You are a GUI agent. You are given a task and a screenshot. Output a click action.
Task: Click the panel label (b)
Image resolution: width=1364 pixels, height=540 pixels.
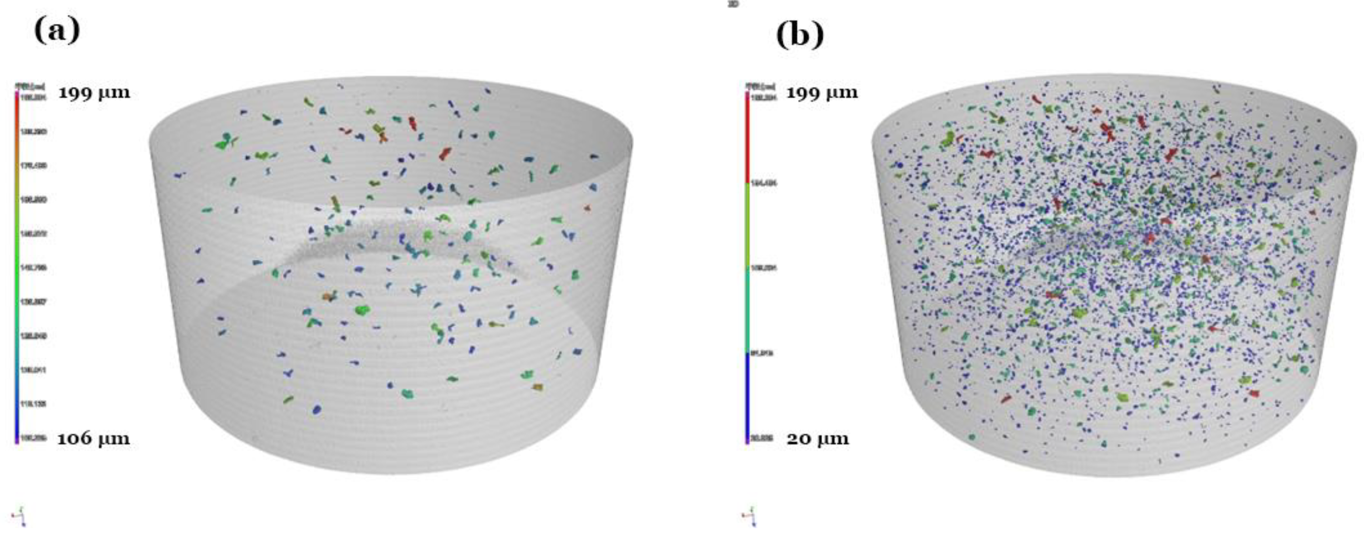[x=800, y=35]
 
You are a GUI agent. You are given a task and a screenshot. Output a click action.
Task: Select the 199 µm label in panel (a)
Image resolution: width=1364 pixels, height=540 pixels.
[x=94, y=93]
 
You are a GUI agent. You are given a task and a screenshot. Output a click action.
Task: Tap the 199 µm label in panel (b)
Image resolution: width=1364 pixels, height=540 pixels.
[x=821, y=93]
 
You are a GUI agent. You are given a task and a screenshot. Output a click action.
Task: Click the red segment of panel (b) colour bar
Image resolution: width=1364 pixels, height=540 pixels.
[x=747, y=140]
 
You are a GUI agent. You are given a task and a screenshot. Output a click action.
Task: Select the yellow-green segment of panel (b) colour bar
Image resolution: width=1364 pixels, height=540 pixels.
[x=747, y=225]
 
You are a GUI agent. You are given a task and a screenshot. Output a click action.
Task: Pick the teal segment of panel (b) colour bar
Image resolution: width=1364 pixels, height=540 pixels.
[x=747, y=310]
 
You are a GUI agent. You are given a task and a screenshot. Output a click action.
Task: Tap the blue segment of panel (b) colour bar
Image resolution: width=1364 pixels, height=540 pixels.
[x=747, y=394]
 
